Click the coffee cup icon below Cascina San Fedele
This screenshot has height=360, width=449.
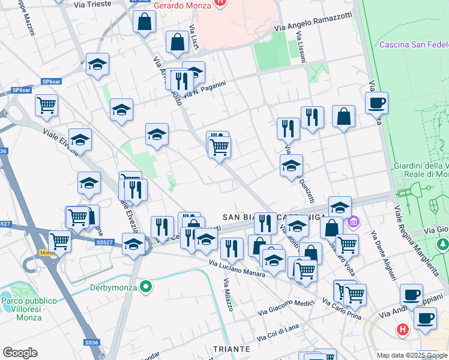tap(376, 103)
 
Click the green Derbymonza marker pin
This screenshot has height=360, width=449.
tap(145, 287)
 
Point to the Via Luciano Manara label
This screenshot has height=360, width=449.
tap(237, 268)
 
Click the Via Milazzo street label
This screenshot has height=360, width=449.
tap(228, 295)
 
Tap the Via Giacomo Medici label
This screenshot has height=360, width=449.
tap(286, 307)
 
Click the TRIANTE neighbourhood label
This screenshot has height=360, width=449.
tap(231, 349)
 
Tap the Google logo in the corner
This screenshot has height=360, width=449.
tap(20, 353)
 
